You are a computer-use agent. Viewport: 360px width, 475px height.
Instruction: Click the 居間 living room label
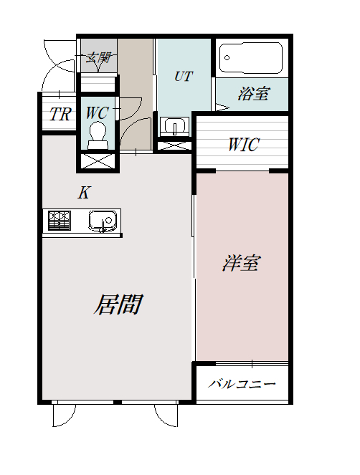click(x=116, y=304)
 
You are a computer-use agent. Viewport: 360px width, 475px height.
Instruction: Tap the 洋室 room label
click(x=240, y=263)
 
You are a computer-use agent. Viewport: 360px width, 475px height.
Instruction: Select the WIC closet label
click(x=243, y=144)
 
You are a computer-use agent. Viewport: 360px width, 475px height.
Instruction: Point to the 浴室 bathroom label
click(x=253, y=93)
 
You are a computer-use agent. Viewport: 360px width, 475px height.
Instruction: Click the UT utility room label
click(x=184, y=76)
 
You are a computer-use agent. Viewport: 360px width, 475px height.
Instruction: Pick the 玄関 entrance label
click(x=98, y=58)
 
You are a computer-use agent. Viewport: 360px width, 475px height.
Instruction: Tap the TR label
click(x=60, y=114)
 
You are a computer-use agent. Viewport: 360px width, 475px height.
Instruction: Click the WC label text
click(x=97, y=112)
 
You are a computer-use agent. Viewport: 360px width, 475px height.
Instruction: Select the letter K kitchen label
click(x=84, y=192)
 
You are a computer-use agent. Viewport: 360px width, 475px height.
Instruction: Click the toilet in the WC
click(x=98, y=134)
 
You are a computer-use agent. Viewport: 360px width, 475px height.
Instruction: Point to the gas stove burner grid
click(x=59, y=221)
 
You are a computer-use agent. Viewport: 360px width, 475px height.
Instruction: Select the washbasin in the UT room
click(x=174, y=127)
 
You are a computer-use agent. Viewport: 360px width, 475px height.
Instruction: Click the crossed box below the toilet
click(x=97, y=160)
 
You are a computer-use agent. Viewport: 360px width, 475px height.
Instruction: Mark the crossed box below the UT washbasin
click(x=174, y=145)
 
